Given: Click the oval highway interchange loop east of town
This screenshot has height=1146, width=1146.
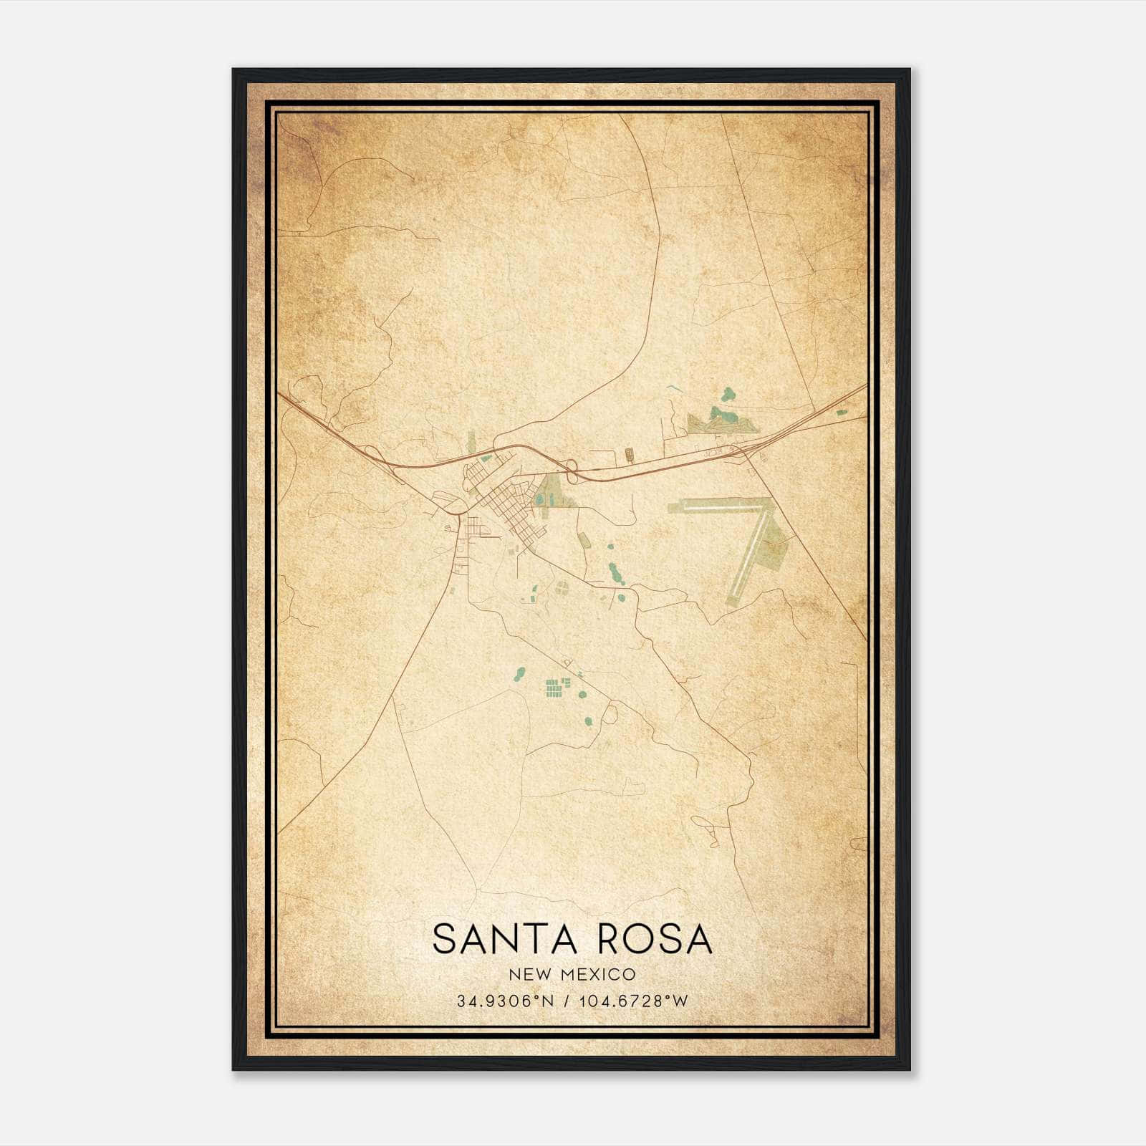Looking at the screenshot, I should [572, 470].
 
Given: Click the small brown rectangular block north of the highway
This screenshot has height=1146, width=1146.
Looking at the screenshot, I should [629, 453].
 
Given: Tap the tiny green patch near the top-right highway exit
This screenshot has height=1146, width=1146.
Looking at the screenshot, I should [840, 412].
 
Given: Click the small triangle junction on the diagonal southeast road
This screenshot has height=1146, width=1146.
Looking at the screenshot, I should [568, 664].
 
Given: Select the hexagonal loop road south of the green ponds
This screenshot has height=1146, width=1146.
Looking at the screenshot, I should [610, 713].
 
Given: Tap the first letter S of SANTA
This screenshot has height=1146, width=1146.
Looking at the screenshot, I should [444, 939].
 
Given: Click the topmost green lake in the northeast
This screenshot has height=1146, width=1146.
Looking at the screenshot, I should [728, 393].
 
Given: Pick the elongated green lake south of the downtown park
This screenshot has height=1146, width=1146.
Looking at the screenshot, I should [613, 572].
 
